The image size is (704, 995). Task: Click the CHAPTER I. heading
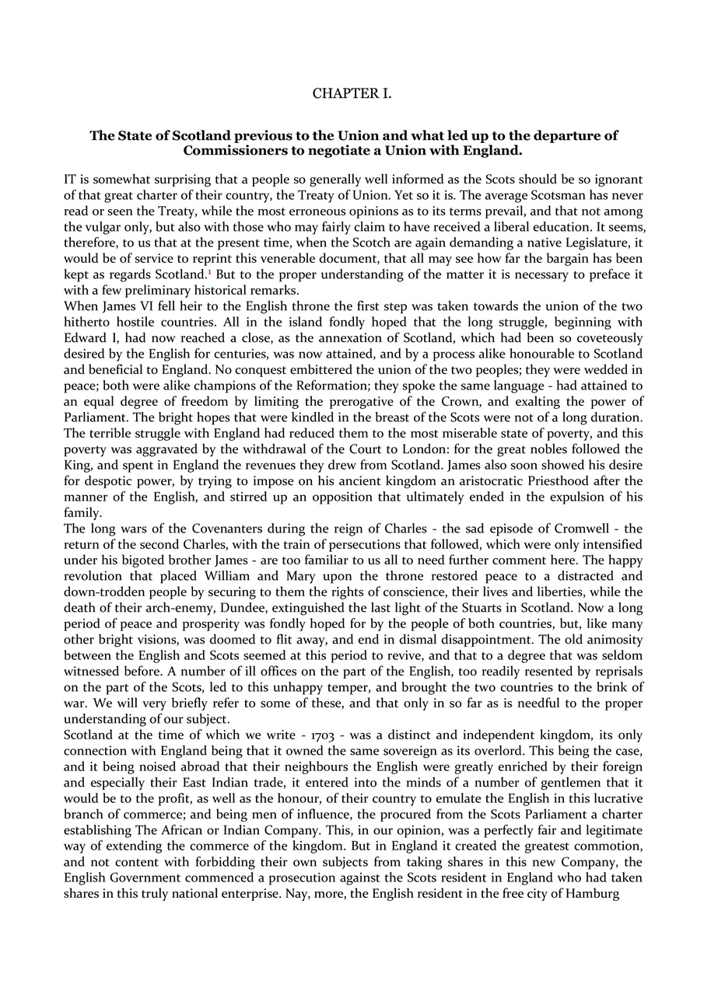(x=352, y=94)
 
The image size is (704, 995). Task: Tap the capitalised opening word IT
(x=72, y=180)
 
